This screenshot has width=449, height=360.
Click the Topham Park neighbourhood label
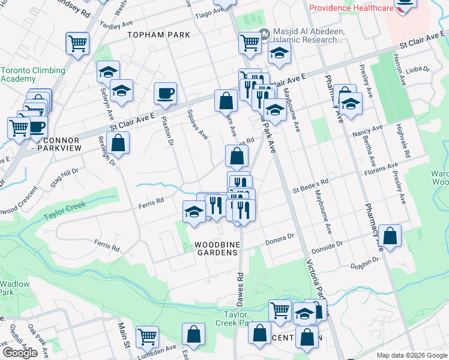tap(158, 35)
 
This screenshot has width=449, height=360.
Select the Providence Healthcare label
tap(350, 8)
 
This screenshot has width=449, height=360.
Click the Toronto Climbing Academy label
tap(33, 74)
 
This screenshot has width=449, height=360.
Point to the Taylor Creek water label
tap(65, 206)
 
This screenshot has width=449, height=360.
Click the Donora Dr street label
tap(280, 238)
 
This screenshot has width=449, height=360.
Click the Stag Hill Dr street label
tap(64, 178)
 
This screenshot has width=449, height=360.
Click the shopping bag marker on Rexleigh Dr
tap(119, 143)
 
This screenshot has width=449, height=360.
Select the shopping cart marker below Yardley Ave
tap(78, 43)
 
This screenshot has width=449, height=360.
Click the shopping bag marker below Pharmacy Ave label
tap(390, 236)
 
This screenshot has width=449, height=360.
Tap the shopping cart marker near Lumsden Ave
tap(147, 337)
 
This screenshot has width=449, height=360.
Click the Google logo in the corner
tap(20, 352)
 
